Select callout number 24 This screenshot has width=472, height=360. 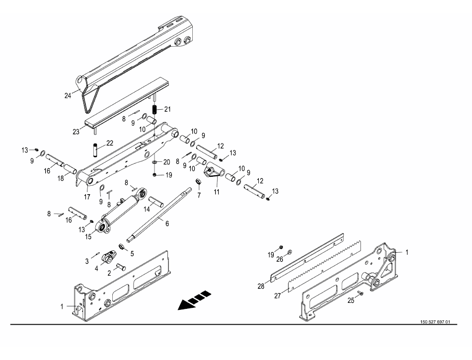68,95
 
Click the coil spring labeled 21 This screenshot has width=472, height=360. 154,109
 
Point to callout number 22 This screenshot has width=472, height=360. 110,143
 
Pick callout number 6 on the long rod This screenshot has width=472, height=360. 167,224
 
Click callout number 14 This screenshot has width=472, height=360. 147,210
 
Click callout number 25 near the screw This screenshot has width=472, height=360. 350,300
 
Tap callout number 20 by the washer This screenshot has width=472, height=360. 167,162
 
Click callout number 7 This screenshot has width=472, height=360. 199,196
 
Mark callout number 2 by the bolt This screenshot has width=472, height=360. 109,273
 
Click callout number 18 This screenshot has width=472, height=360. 60,178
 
